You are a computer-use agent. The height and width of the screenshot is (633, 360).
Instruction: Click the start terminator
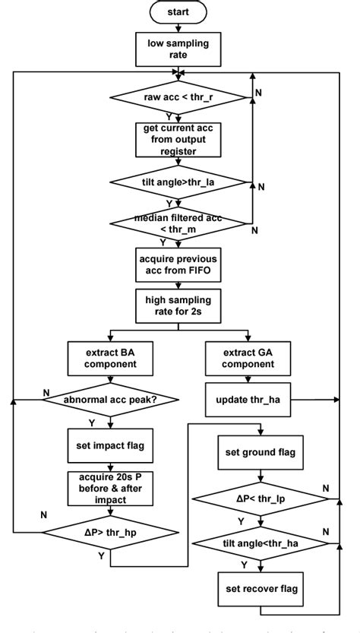point(179,12)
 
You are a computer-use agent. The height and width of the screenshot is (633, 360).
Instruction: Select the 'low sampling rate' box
point(179,48)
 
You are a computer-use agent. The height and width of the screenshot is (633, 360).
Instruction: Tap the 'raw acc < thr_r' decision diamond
point(179,97)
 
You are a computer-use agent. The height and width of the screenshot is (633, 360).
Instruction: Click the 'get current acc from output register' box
point(179,140)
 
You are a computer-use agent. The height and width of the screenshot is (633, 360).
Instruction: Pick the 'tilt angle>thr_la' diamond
point(179,182)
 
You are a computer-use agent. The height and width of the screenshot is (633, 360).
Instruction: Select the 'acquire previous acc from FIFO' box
point(179,266)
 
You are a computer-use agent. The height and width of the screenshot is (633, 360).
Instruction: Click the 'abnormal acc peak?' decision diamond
point(112,399)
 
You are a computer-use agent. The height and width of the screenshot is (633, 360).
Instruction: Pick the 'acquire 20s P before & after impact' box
point(112,487)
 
